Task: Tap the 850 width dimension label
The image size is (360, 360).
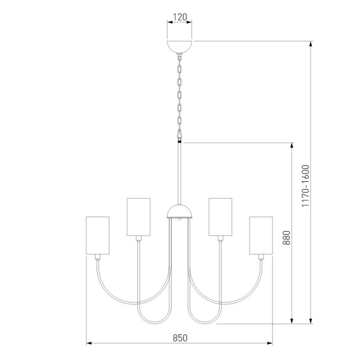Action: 180,337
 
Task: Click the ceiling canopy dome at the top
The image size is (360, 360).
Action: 180,46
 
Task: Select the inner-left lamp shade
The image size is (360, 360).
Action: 139,216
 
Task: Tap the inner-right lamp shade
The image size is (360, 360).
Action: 220,216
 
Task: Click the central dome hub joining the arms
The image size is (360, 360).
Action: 179,211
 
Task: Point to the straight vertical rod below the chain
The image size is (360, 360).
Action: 180,174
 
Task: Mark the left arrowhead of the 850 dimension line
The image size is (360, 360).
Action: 89,343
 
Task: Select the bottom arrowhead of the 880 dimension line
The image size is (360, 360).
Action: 292,320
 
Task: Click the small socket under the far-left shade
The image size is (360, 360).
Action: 98,256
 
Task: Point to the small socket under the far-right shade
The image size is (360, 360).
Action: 261,256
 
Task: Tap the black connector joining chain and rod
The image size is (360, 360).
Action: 180,142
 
